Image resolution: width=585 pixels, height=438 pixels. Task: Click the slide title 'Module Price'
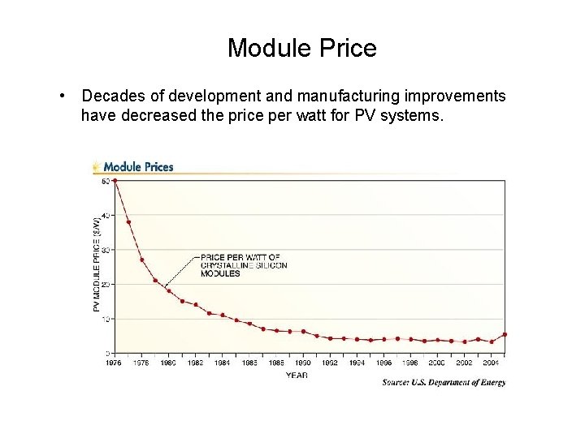click(x=301, y=49)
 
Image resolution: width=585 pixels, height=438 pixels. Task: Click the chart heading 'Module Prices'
click(x=138, y=167)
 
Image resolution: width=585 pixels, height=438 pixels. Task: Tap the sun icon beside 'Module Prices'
click(x=97, y=166)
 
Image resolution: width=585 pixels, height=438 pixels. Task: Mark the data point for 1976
click(x=115, y=181)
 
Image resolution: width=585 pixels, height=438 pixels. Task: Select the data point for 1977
click(x=128, y=222)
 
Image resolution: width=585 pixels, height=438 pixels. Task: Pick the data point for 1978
click(x=142, y=260)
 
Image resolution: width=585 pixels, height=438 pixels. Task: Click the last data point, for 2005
click(x=505, y=334)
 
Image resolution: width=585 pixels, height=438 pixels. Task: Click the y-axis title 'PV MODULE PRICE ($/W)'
click(x=97, y=264)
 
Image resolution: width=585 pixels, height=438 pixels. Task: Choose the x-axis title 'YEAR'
click(x=296, y=374)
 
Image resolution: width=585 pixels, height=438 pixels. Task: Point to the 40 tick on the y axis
click(x=106, y=215)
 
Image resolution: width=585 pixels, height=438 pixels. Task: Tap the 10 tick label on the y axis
click(x=106, y=319)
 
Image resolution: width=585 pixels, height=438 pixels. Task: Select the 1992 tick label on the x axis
click(x=329, y=363)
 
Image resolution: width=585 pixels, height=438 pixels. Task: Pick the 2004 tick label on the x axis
click(x=490, y=363)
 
